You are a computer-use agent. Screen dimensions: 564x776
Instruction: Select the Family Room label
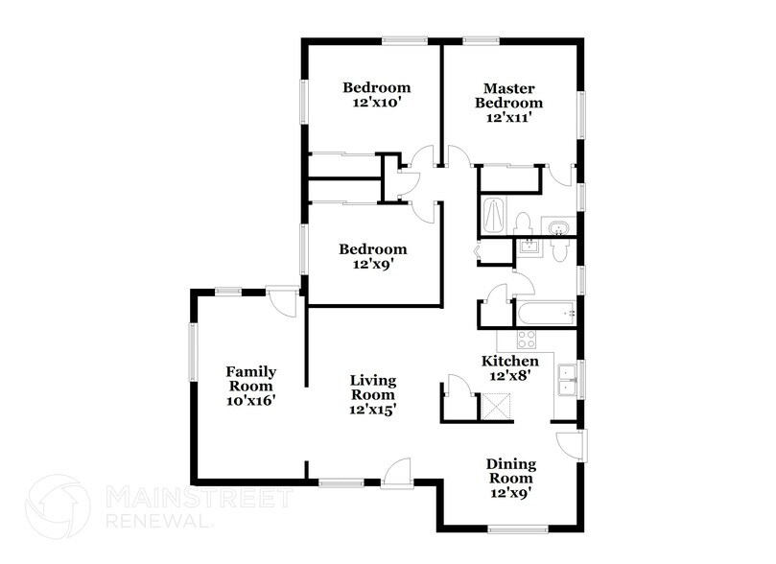[251, 379]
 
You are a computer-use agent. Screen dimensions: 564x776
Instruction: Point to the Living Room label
[373, 388]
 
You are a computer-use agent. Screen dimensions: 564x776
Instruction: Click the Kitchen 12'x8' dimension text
[509, 376]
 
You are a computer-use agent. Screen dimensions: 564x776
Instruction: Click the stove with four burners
[527, 339]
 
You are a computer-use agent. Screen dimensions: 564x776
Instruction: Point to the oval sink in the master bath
[557, 227]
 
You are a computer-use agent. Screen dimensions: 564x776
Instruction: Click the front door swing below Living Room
[396, 472]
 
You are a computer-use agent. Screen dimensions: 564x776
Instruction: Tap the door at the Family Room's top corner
[282, 300]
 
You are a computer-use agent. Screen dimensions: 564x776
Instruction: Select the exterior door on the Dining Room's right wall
[571, 446]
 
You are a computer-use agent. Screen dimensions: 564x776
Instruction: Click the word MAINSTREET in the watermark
[197, 498]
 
